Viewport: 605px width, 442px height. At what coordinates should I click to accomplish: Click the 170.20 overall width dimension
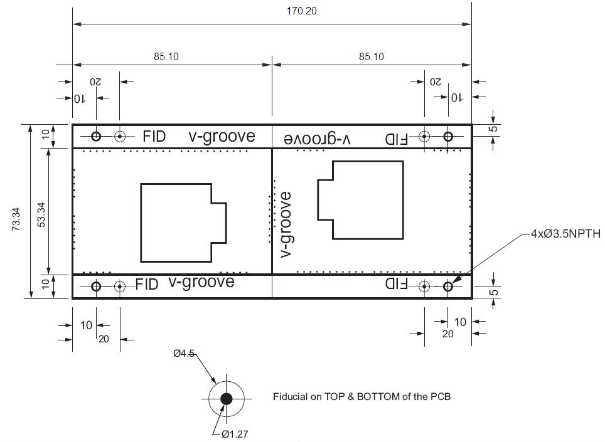[x=272, y=11]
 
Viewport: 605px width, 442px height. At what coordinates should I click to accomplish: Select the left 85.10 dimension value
[x=166, y=56]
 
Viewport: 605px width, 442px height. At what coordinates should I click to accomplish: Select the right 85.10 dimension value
[x=372, y=56]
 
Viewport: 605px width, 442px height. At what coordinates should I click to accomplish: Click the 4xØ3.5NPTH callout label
[x=565, y=234]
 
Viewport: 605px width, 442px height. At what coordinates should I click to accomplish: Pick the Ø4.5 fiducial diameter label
[x=184, y=354]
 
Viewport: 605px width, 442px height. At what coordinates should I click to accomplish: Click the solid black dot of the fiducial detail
[x=227, y=398]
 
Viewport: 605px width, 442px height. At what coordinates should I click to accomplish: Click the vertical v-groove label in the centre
[x=286, y=224]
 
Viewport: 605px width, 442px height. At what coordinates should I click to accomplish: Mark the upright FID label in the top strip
[x=154, y=136]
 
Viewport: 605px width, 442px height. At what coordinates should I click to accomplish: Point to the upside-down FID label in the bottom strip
[x=396, y=284]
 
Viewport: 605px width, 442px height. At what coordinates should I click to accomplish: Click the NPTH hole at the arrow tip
[x=448, y=287]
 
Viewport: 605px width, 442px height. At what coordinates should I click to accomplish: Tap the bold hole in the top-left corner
[x=96, y=136]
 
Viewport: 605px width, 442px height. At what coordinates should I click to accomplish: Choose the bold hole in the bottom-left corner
[x=96, y=287]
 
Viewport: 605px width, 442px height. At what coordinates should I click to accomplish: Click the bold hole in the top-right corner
[x=448, y=136]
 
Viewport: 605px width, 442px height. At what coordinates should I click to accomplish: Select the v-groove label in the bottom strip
[x=201, y=282]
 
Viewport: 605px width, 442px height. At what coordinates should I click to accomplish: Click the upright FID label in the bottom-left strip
[x=147, y=285]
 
